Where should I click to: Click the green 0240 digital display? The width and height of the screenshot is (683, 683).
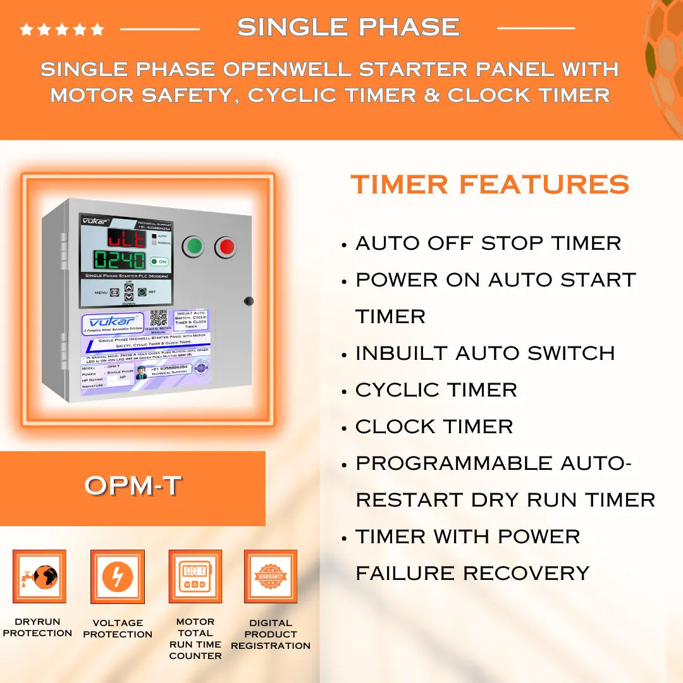coord(120,260)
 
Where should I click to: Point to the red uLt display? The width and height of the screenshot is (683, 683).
coord(125,238)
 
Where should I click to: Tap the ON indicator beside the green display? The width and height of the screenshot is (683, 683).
coord(159,261)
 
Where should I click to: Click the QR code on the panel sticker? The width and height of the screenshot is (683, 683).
coord(158,317)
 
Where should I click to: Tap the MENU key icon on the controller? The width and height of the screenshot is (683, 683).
coord(114,292)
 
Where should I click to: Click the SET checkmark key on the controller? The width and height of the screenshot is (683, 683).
coord(142,292)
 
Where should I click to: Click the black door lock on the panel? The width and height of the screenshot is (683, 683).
coord(249,301)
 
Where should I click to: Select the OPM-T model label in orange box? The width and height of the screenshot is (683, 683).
coord(133,486)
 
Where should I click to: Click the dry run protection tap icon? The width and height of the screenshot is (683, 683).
coord(39,576)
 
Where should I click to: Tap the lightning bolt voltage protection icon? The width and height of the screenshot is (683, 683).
coord(118,576)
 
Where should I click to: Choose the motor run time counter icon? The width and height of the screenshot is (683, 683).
coord(195,576)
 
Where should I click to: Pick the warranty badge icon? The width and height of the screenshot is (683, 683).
coord(271,576)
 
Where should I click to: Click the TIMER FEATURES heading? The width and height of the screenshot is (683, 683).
coord(489,185)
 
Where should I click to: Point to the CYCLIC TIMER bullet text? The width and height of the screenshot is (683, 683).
coord(436,390)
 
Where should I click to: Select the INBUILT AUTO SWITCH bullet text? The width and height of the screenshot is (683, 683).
coord(484,354)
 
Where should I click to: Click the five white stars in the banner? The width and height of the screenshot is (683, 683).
coord(61,29)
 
